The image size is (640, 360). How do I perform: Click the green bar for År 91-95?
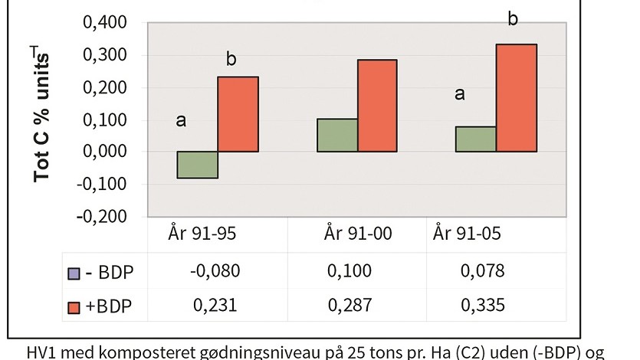(x=198, y=165)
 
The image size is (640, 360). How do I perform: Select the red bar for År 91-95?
(x=238, y=114)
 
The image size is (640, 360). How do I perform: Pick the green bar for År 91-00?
(x=337, y=136)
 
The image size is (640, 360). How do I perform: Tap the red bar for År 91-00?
(x=377, y=106)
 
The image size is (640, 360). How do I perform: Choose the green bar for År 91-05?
(x=475, y=139)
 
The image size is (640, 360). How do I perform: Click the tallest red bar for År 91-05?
(x=517, y=98)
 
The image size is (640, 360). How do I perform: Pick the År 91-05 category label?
(x=467, y=234)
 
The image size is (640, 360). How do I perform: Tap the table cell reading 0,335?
(x=484, y=305)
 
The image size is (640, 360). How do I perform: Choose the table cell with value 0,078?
(x=484, y=271)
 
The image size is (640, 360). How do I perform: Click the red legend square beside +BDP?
(x=74, y=306)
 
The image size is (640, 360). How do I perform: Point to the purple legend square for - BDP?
(x=74, y=272)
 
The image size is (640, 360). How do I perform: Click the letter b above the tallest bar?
(x=513, y=19)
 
